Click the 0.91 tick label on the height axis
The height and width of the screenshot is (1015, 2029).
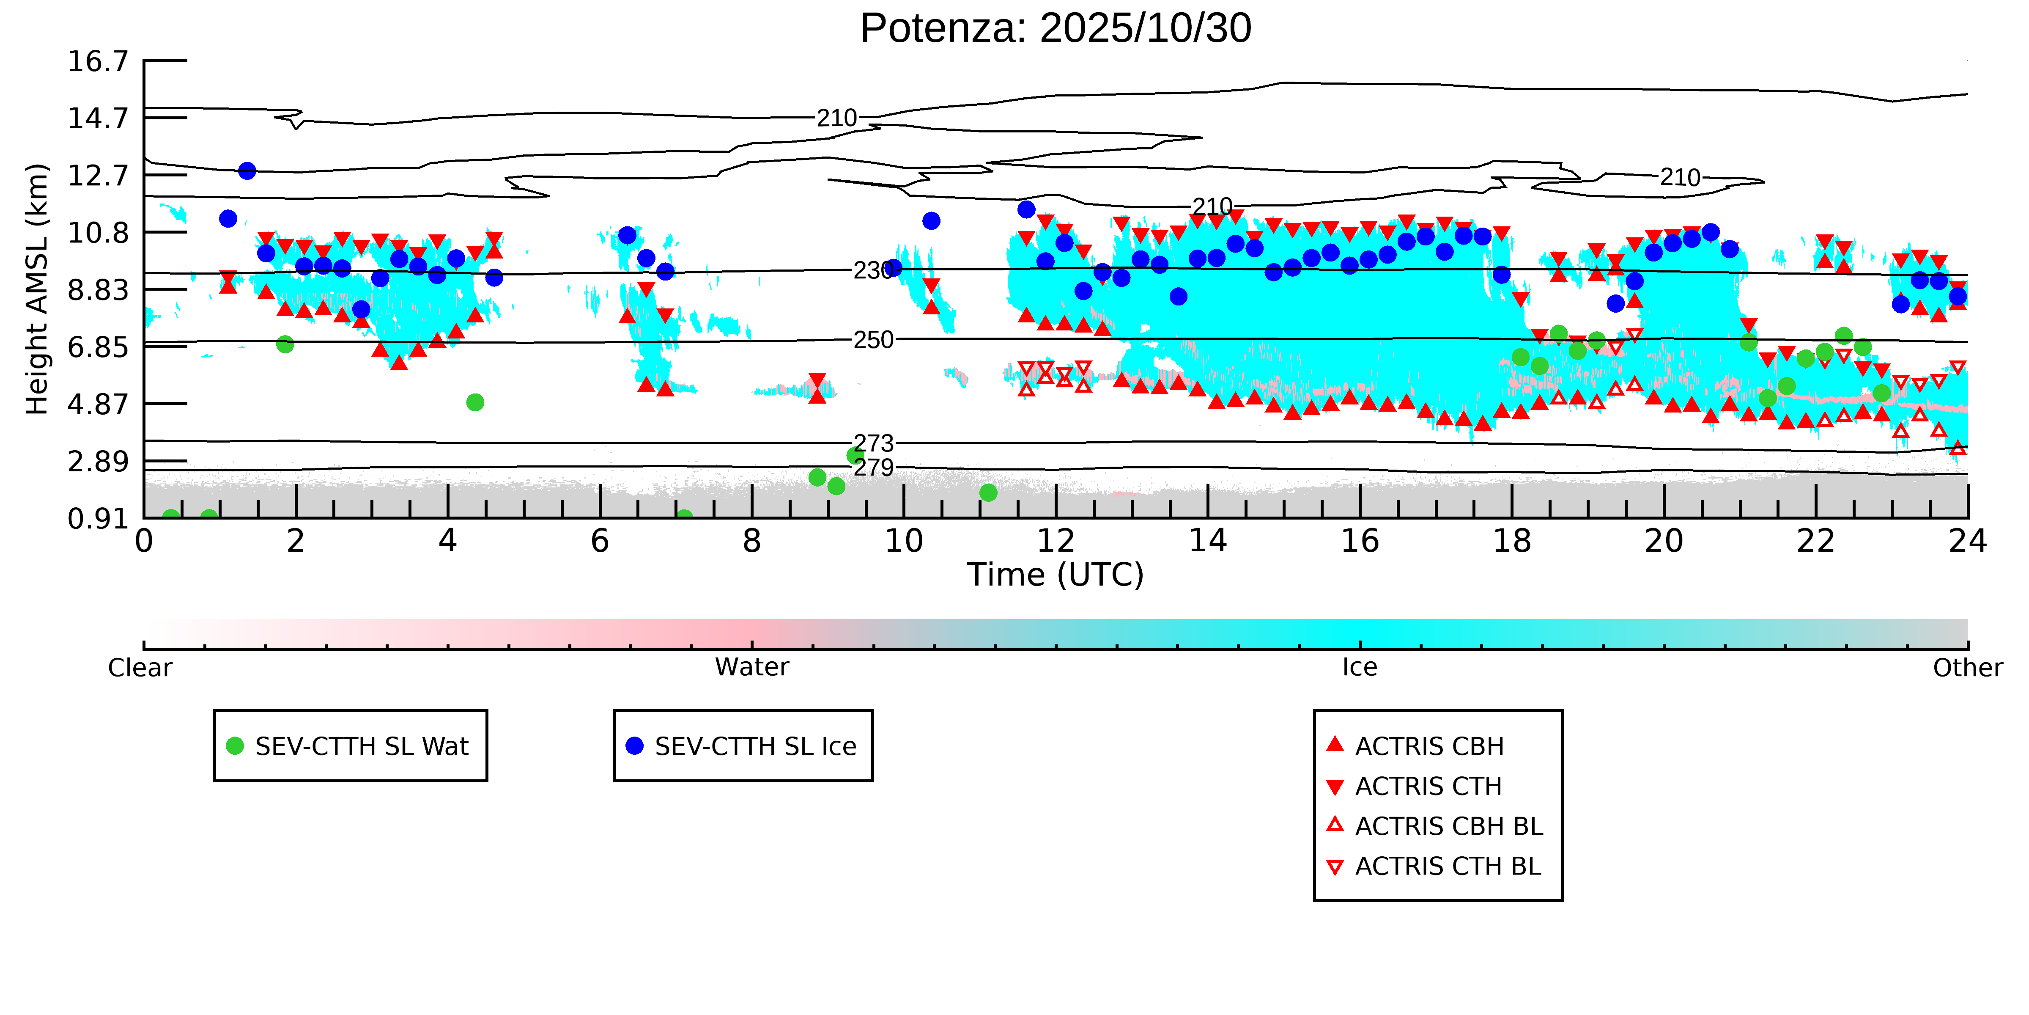[x=98, y=519]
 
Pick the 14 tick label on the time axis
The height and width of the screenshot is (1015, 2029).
[x=1207, y=542]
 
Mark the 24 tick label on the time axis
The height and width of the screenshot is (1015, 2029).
[x=1967, y=542]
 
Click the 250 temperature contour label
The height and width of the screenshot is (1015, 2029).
[x=874, y=341]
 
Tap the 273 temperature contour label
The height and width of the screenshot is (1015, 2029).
[x=874, y=443]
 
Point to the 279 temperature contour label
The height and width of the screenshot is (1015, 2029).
[x=874, y=468]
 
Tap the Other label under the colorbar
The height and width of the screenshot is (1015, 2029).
[x=1967, y=668]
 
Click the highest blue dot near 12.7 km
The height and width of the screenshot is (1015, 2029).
[x=247, y=171]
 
